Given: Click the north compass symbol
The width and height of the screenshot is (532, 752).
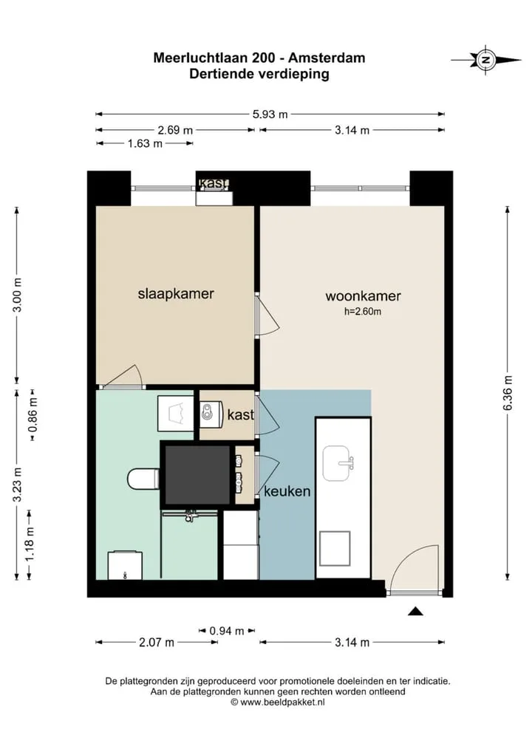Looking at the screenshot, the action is pos(486,60).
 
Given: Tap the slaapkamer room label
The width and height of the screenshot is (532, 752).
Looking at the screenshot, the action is pos(176,293).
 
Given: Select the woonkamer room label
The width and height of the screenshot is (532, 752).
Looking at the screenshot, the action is pos(363,296).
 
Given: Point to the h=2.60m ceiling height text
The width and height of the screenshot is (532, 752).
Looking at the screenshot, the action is pos(363,312).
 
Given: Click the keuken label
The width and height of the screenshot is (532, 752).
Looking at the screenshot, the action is pos(287,491).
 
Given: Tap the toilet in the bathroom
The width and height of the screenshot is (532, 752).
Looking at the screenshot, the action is pos(143,479).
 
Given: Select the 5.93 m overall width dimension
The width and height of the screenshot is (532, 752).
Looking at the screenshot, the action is pos(270,114).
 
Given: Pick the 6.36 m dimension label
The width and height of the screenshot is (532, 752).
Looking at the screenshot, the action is pos(508,393).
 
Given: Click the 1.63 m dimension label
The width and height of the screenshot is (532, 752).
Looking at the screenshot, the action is pos(145,143).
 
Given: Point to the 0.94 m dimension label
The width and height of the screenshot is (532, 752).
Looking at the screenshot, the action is pos(226,631).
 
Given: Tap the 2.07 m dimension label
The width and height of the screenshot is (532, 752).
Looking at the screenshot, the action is pos(157,642).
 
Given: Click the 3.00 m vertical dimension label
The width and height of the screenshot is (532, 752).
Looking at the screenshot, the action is pos(17,295).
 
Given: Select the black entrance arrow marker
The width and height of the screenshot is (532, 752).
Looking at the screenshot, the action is pos(415,611).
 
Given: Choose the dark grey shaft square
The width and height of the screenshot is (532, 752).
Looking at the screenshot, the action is pos(197,475).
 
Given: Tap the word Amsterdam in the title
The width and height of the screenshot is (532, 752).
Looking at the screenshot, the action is pos(327,58).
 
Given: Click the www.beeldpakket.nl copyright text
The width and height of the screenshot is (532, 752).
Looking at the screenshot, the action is pos(278,702).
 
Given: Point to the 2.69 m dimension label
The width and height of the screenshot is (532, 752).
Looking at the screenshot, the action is pos(175,130).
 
